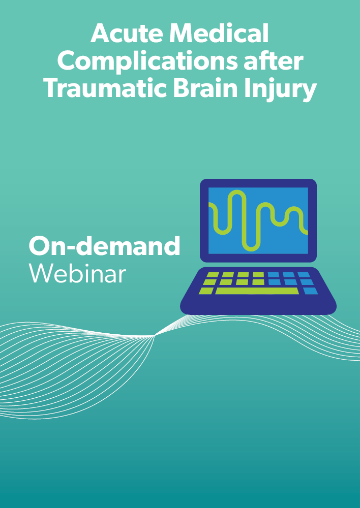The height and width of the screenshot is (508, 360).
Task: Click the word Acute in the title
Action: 127,34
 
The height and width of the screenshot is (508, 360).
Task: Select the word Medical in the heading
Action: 219,34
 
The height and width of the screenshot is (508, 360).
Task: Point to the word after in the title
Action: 274,61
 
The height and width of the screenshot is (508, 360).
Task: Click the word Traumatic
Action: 106,88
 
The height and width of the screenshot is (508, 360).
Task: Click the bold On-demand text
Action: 104,246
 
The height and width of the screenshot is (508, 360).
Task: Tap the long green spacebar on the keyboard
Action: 257,291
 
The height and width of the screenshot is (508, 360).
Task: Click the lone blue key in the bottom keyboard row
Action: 310,291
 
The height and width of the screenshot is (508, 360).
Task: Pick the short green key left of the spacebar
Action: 206,291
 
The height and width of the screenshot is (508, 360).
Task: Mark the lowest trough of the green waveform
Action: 251,249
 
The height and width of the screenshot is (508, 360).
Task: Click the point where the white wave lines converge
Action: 155,336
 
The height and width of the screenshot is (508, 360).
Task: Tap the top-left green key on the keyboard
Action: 212,274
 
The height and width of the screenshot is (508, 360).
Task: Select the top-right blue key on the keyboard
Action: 304,274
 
